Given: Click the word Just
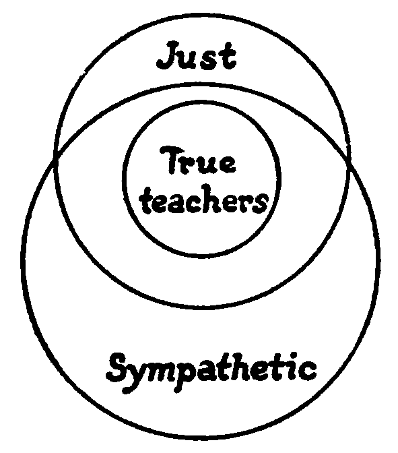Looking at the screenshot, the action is [x=197, y=57].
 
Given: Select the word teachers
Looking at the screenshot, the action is [x=204, y=200].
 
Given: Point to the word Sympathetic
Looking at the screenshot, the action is [x=212, y=372].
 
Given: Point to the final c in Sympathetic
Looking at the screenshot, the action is [x=308, y=371].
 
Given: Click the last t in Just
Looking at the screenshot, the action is [x=228, y=57].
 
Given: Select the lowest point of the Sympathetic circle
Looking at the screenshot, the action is [x=201, y=437].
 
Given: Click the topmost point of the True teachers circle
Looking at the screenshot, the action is [x=201, y=102].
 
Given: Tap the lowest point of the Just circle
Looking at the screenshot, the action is [x=203, y=307].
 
